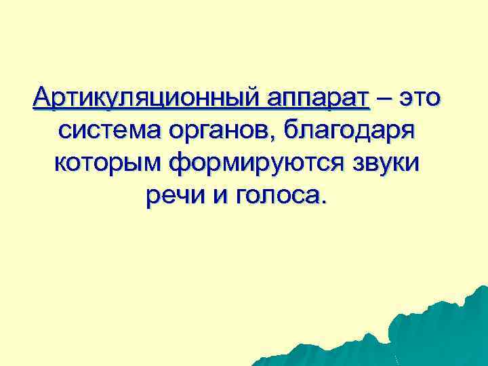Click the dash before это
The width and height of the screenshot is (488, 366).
click(386, 99)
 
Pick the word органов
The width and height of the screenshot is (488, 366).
click(222, 131)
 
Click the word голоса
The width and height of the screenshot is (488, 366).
click(276, 196)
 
